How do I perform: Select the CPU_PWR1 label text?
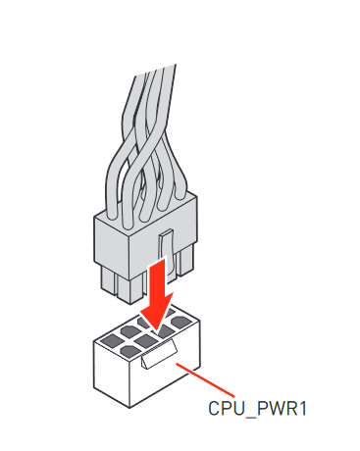coord(257,409)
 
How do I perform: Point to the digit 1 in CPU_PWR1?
coord(302,408)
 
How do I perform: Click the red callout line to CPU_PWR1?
coord(205,379)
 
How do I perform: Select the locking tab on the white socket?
coord(160,354)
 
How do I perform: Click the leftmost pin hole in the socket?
coord(110,342)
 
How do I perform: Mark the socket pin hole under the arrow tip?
coord(164,330)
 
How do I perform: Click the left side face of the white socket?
coord(112,373)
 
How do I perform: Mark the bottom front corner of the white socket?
coord(129,408)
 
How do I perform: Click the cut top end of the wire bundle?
coord(156,71)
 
